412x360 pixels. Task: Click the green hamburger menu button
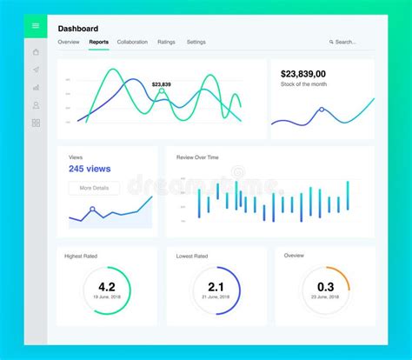(36, 26)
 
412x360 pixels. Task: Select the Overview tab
(69, 42)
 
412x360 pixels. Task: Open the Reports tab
(98, 42)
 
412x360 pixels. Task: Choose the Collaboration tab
(132, 42)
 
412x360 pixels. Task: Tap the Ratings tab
(166, 42)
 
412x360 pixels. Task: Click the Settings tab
(196, 42)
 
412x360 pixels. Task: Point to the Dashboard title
(78, 29)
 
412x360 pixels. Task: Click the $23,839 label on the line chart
(161, 84)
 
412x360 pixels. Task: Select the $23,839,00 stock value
(303, 74)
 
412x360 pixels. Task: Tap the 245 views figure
(89, 169)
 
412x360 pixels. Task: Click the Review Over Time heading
(197, 157)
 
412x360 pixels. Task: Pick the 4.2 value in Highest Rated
(107, 287)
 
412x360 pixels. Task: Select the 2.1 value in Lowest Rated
(216, 287)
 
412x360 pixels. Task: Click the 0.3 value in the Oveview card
(325, 287)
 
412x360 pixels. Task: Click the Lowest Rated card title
(191, 257)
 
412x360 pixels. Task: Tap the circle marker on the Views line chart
(92, 209)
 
